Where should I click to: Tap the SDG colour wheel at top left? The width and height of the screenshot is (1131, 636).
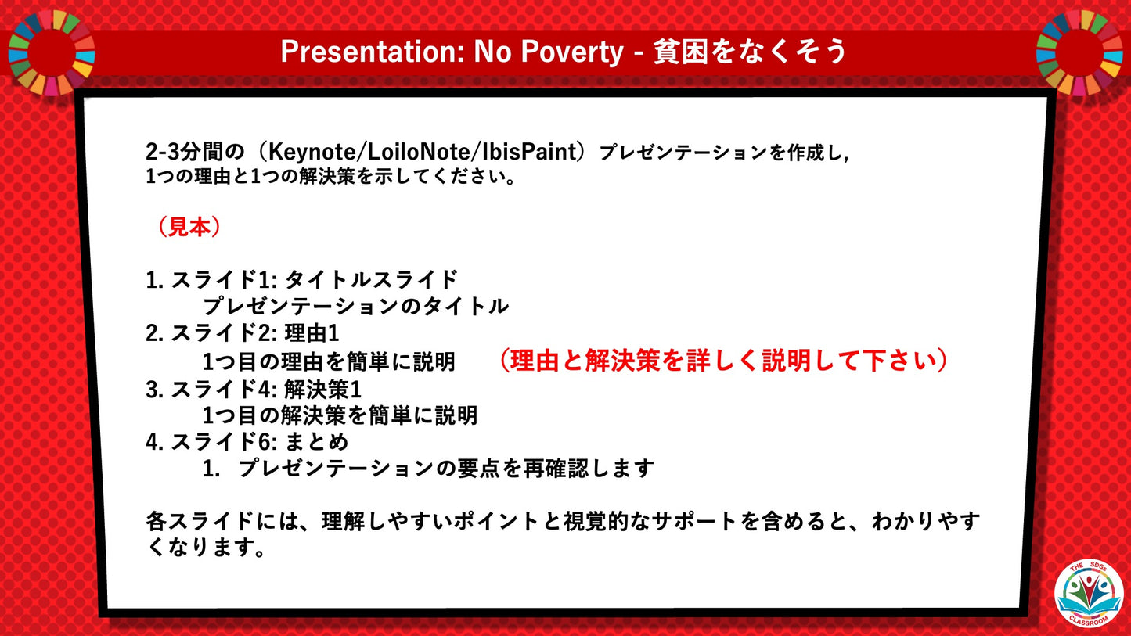(x=52, y=51)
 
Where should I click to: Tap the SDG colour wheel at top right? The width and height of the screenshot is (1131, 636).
(x=1079, y=51)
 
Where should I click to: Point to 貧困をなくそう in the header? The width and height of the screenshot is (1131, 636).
(x=750, y=52)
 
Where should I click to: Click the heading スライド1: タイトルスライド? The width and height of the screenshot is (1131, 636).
(x=314, y=279)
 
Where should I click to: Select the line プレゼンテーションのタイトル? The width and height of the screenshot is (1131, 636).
(x=355, y=306)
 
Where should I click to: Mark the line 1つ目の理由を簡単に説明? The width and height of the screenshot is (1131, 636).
(x=329, y=361)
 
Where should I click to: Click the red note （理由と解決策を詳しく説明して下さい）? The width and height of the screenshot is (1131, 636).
(x=724, y=360)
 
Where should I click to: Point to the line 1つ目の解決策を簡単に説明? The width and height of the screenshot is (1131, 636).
(x=340, y=415)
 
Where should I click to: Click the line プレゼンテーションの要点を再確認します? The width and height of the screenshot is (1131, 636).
(x=445, y=469)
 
